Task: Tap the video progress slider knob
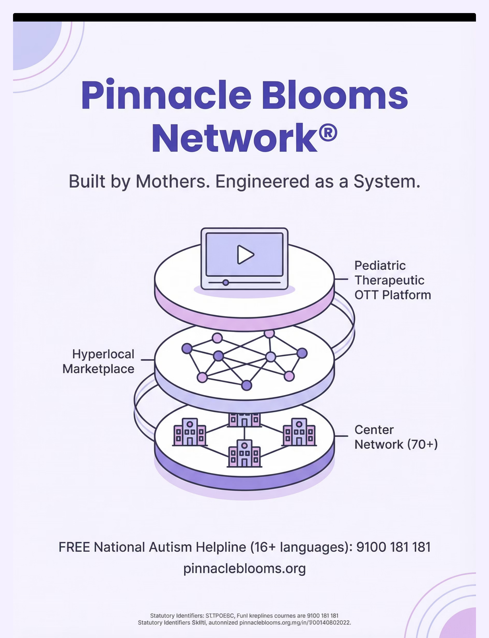(x=226, y=282)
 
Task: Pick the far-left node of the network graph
(x=187, y=348)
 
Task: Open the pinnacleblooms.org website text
(x=244, y=568)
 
